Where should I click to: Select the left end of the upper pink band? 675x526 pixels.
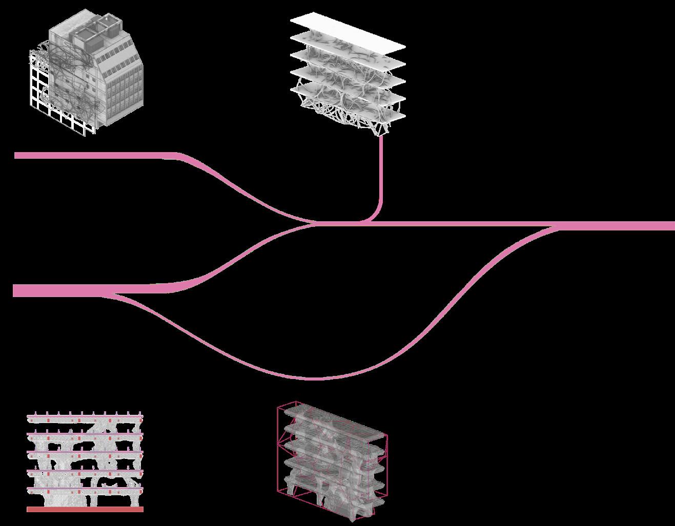click(x=17, y=155)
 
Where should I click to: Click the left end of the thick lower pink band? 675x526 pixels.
click(x=15, y=291)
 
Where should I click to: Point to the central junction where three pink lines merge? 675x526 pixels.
click(x=318, y=223)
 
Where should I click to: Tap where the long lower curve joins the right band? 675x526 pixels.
click(x=556, y=227)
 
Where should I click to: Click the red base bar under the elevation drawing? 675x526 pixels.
click(x=85, y=510)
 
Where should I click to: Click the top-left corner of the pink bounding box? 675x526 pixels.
click(x=278, y=408)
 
